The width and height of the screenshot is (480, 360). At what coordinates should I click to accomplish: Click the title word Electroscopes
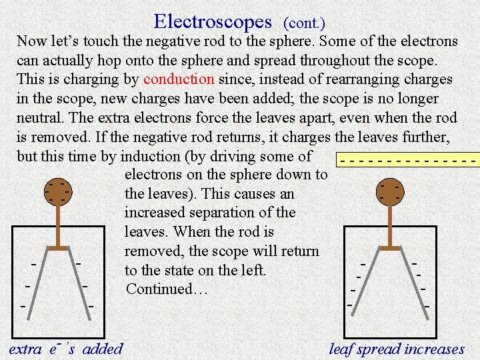point(213,21)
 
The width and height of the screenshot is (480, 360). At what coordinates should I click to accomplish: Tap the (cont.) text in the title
point(305,23)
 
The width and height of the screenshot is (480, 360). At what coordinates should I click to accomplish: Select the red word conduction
point(179,79)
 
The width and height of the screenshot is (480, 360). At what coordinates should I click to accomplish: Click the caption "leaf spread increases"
point(397,349)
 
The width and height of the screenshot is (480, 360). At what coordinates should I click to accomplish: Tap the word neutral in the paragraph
point(39,118)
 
